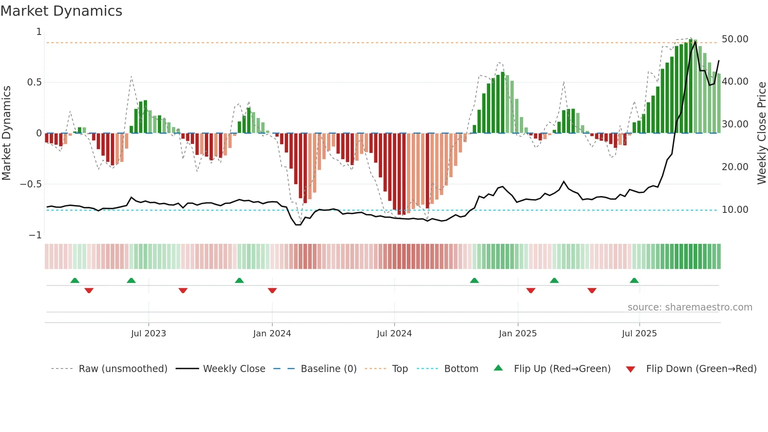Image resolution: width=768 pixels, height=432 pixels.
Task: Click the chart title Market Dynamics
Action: pyautogui.click(x=61, y=11)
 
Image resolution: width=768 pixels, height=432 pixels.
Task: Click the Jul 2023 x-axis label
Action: pyautogui.click(x=149, y=334)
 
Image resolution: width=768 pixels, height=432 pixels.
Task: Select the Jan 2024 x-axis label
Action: pyautogui.click(x=272, y=334)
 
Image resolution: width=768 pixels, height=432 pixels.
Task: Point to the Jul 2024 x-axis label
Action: pyautogui.click(x=394, y=334)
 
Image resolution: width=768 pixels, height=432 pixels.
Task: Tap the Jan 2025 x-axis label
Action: pyautogui.click(x=518, y=334)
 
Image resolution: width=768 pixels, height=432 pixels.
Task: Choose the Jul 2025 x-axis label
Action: pyautogui.click(x=639, y=334)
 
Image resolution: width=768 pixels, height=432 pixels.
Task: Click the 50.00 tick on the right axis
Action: pyautogui.click(x=735, y=39)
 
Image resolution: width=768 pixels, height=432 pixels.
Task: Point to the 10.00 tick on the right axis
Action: pyautogui.click(x=735, y=210)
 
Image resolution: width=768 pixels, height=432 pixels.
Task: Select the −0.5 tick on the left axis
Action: pyautogui.click(x=31, y=184)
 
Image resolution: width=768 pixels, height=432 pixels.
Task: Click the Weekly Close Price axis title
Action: pyautogui.click(x=761, y=133)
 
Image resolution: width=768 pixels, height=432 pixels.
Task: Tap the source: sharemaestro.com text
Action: pyautogui.click(x=690, y=307)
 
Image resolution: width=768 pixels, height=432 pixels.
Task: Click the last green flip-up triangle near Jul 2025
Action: pyautogui.click(x=634, y=280)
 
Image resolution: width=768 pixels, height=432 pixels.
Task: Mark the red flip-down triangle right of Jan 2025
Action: pyautogui.click(x=531, y=290)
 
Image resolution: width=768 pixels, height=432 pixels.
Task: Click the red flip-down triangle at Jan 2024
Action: pyautogui.click(x=272, y=290)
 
